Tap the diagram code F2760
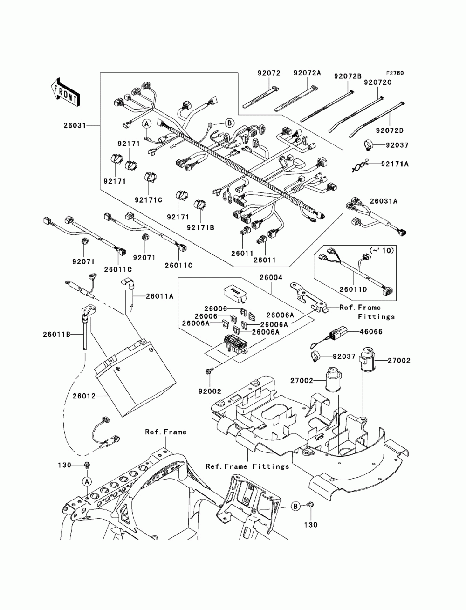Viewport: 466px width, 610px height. coord(394,73)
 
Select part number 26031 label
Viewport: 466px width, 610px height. coord(75,126)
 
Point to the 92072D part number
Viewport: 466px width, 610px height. coord(389,130)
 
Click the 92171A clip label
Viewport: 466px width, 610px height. coord(395,164)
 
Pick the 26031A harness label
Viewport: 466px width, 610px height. coord(384,201)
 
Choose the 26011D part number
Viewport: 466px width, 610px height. coord(353,289)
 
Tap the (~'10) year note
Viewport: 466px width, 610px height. coord(382,250)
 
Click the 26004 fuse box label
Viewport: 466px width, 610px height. coord(271,277)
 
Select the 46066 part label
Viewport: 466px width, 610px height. coord(371,331)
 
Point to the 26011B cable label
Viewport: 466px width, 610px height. coord(56,334)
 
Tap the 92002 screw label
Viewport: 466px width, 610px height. coord(210,391)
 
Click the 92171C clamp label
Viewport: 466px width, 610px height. coord(148,200)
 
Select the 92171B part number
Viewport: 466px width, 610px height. coord(200,227)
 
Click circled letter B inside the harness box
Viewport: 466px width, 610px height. coord(230,123)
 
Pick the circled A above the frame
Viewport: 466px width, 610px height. coord(87,481)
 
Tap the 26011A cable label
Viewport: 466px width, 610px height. coord(160,296)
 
